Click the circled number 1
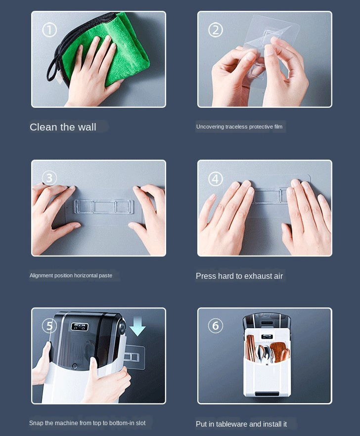(49, 30)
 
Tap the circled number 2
(216, 30)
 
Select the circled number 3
(49, 178)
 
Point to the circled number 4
(216, 179)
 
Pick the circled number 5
(49, 326)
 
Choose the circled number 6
(216, 326)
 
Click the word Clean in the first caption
(43, 127)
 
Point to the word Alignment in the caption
(41, 275)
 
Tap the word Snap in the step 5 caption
(35, 423)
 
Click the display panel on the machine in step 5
(80, 327)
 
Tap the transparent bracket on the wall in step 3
(103, 207)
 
